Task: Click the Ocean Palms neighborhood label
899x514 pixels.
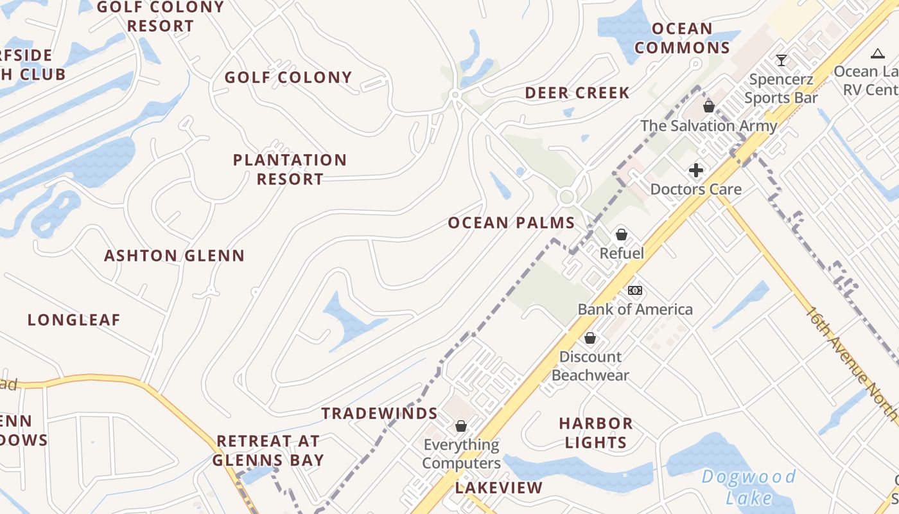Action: coord(511,223)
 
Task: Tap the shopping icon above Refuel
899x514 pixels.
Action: coord(621,235)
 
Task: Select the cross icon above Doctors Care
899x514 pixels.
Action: coord(696,170)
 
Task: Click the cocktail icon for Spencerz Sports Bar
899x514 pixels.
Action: coord(781,60)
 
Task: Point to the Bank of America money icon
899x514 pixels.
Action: coord(634,290)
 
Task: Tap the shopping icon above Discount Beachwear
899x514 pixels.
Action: coord(589,337)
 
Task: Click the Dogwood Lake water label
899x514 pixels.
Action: coord(749,486)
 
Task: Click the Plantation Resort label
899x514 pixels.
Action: coord(290,169)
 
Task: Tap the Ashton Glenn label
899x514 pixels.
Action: coord(175,256)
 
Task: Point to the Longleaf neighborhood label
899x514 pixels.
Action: coord(74,320)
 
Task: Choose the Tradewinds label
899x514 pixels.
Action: coord(380,413)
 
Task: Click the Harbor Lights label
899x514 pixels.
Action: coord(595,432)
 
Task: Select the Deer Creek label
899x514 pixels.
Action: coord(577,93)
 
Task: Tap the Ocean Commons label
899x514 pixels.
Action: coord(682,38)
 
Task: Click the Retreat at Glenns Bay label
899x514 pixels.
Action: coord(268,450)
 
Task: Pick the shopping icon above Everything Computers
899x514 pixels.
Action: coord(460,425)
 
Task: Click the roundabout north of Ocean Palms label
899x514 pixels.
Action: coord(566,197)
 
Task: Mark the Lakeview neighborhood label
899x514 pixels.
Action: coord(499,488)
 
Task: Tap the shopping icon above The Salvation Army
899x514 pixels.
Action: coord(709,106)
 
